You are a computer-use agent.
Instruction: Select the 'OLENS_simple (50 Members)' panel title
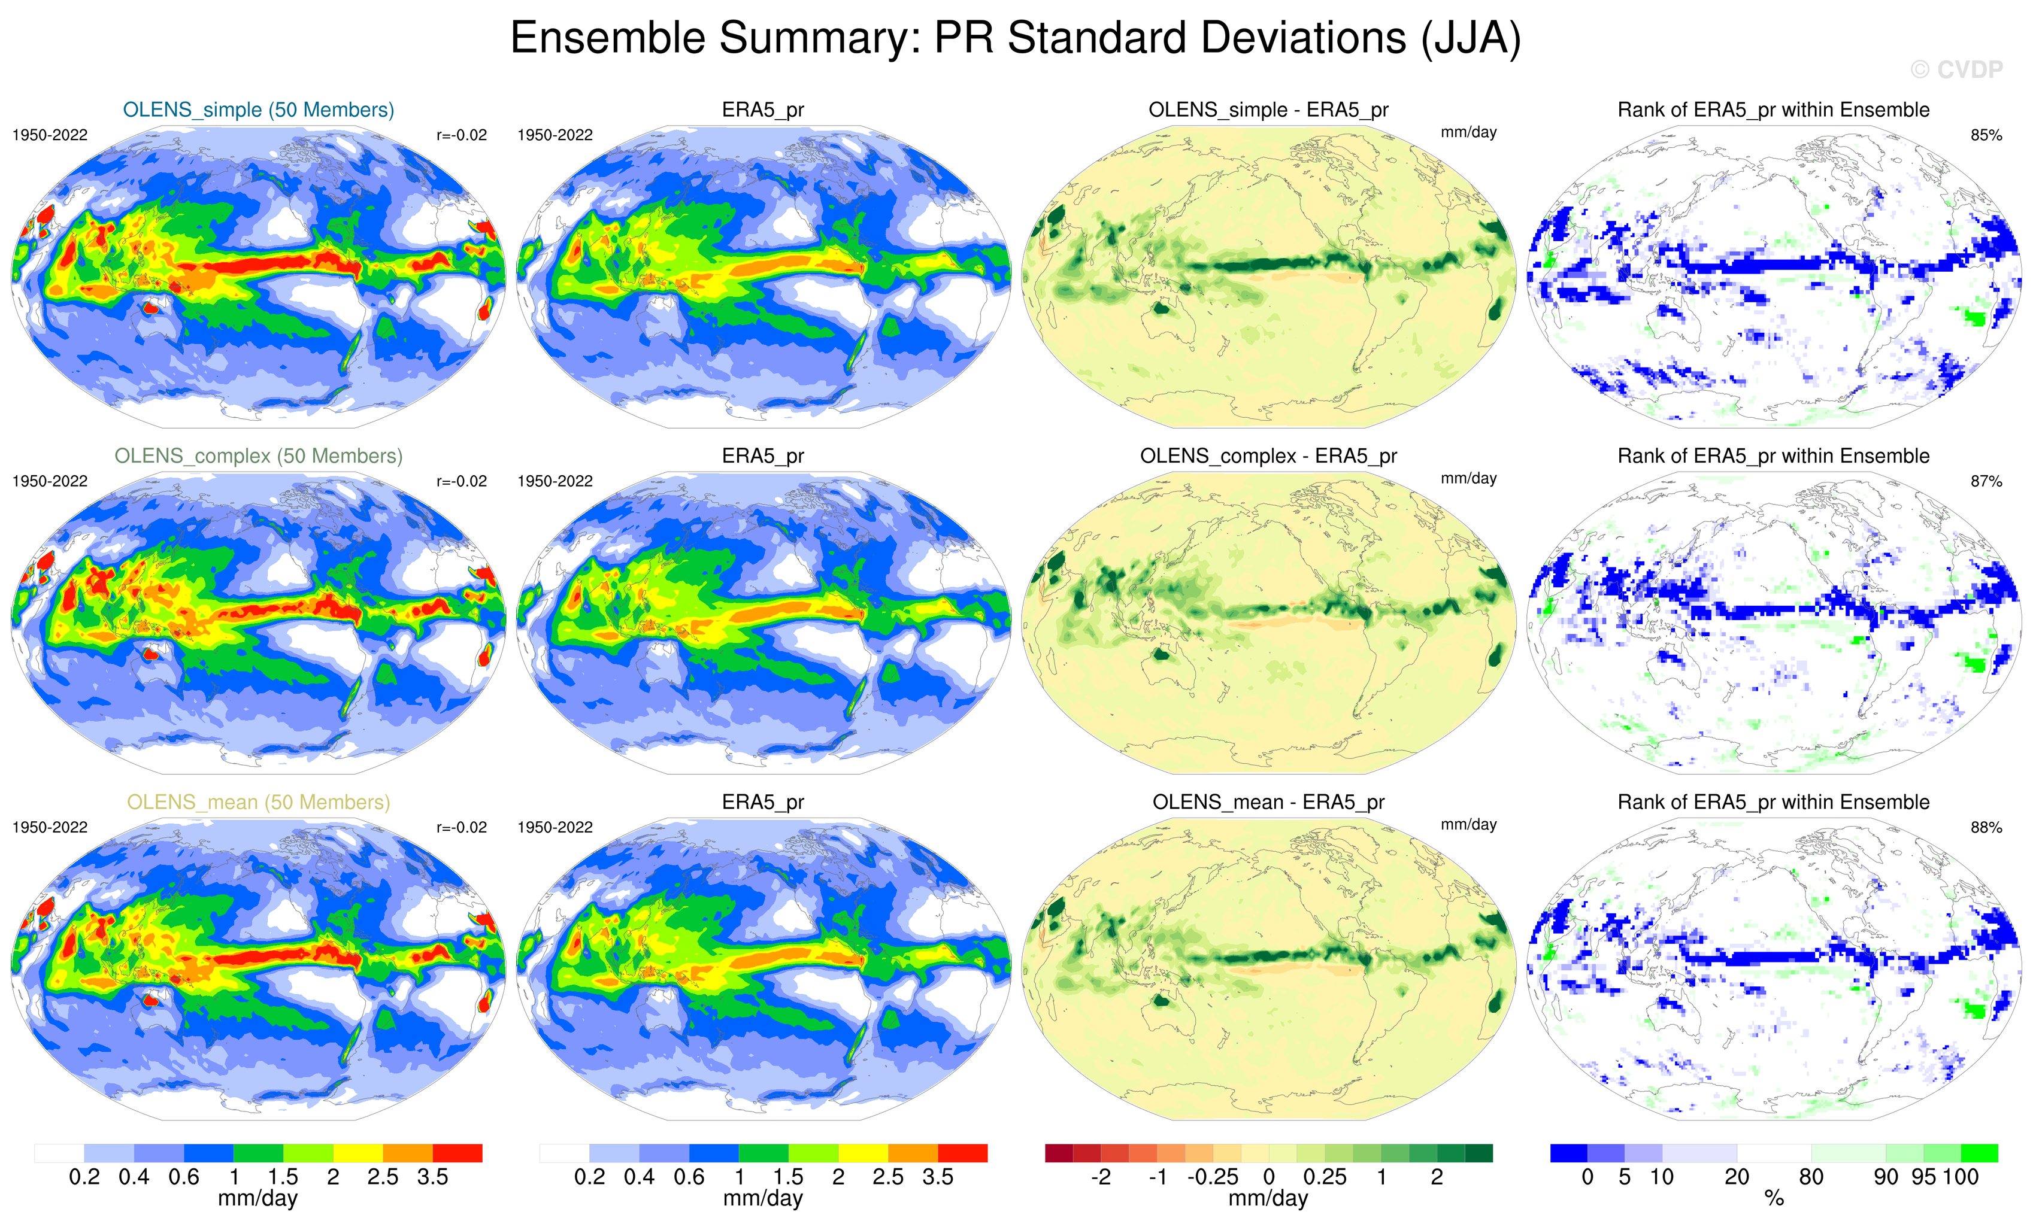pyautogui.click(x=258, y=110)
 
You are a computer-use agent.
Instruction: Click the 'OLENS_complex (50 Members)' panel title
pyautogui.click(x=258, y=456)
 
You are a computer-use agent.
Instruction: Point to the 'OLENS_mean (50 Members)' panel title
pyautogui.click(x=258, y=802)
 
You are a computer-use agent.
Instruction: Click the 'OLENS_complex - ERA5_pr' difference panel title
pyautogui.click(x=1268, y=456)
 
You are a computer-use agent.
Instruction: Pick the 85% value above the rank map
pyautogui.click(x=1986, y=135)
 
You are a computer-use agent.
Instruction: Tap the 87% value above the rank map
pyautogui.click(x=1986, y=481)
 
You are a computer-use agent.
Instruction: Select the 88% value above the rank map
pyautogui.click(x=1986, y=827)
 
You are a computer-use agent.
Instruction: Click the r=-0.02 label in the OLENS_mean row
pyautogui.click(x=461, y=827)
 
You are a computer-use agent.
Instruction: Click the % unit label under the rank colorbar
pyautogui.click(x=1774, y=1199)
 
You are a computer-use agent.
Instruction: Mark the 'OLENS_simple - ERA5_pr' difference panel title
pyautogui.click(x=1268, y=110)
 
